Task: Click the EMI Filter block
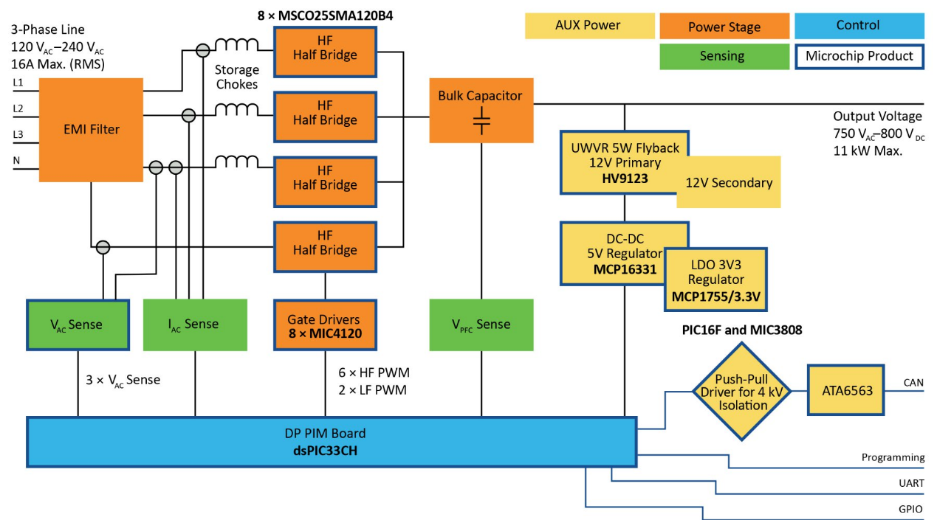click(91, 129)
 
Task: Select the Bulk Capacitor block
click(481, 111)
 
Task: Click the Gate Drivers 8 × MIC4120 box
click(325, 325)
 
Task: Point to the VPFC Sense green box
click(481, 325)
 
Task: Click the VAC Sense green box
click(78, 325)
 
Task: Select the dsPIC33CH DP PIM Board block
click(331, 441)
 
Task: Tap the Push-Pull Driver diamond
click(741, 392)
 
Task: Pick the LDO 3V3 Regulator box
click(716, 280)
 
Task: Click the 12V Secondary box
click(730, 183)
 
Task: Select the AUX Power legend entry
click(588, 26)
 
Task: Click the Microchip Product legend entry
click(859, 56)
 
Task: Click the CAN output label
click(913, 382)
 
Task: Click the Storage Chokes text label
click(237, 77)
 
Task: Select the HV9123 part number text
click(625, 177)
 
